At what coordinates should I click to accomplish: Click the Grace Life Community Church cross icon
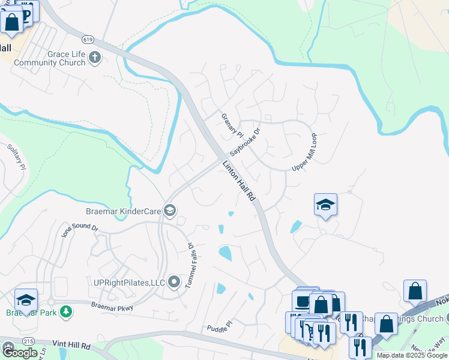[x=94, y=58]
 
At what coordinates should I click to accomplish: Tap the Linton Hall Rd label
[x=240, y=181]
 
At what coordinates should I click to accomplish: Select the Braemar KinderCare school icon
[x=170, y=209]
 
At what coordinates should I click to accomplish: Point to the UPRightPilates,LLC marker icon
[x=175, y=281]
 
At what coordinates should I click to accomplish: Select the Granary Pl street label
[x=231, y=125]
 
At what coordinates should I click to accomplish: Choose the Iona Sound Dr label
[x=80, y=231]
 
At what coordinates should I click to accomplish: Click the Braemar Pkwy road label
[x=111, y=306]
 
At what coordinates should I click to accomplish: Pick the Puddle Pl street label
[x=219, y=327]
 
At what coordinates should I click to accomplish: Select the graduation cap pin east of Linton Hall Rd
[x=325, y=205]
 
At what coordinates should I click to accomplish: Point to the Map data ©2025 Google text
[x=412, y=355]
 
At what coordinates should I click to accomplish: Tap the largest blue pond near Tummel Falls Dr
[x=225, y=253]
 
